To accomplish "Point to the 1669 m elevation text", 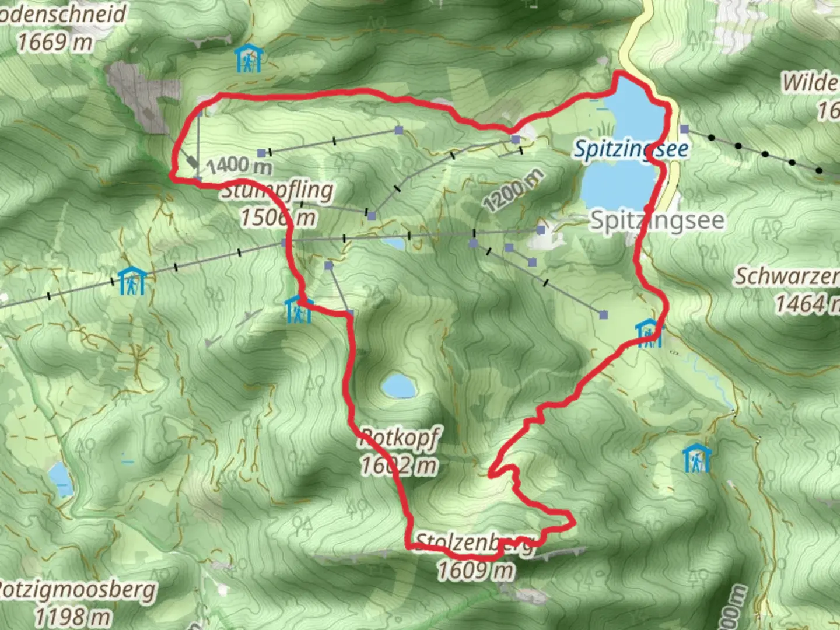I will (x=55, y=42).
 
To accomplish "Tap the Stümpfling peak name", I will (x=278, y=190).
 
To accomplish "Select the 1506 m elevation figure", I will (x=278, y=218).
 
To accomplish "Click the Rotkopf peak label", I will (x=399, y=437).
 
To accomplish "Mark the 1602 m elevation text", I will (x=399, y=465).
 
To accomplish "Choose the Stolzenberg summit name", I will (x=474, y=542).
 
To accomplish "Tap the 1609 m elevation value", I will (x=477, y=569).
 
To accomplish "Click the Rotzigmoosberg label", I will (x=76, y=590).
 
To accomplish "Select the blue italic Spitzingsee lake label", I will (x=631, y=149).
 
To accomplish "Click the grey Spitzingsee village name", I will (x=657, y=220).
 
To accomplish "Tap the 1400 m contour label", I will (x=239, y=166).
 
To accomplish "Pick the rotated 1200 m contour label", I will (x=513, y=190).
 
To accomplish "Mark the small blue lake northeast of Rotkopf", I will (x=399, y=386).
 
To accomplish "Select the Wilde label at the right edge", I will (x=810, y=82).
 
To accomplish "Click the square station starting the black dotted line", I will (x=684, y=129).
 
